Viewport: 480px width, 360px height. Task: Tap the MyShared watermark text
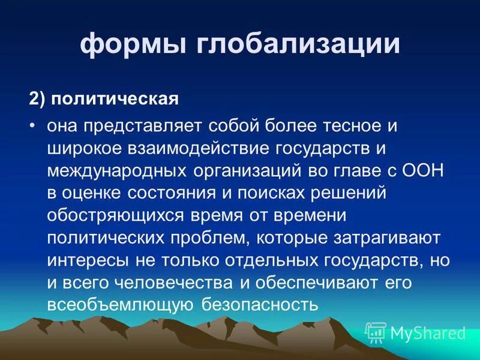click(428, 332)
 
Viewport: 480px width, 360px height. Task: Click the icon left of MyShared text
click(376, 332)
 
